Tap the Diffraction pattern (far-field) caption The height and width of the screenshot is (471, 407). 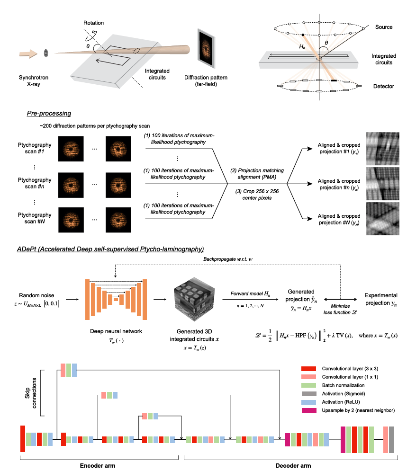[208, 81]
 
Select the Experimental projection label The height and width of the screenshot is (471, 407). [380, 298]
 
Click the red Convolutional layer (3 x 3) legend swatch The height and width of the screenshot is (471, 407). [308, 368]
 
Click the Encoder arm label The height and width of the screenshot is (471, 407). [97, 465]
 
